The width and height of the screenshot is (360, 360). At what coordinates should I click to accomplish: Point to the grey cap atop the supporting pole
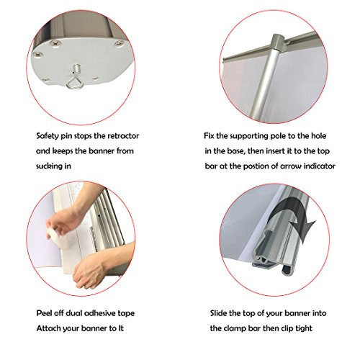point(277,42)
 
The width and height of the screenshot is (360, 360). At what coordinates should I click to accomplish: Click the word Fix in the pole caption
point(209,136)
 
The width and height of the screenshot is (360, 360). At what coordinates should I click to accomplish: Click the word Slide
point(218,313)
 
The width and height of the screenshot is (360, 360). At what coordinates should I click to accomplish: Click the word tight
point(304,328)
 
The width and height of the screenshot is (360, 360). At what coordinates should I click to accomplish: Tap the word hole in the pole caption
point(319,136)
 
